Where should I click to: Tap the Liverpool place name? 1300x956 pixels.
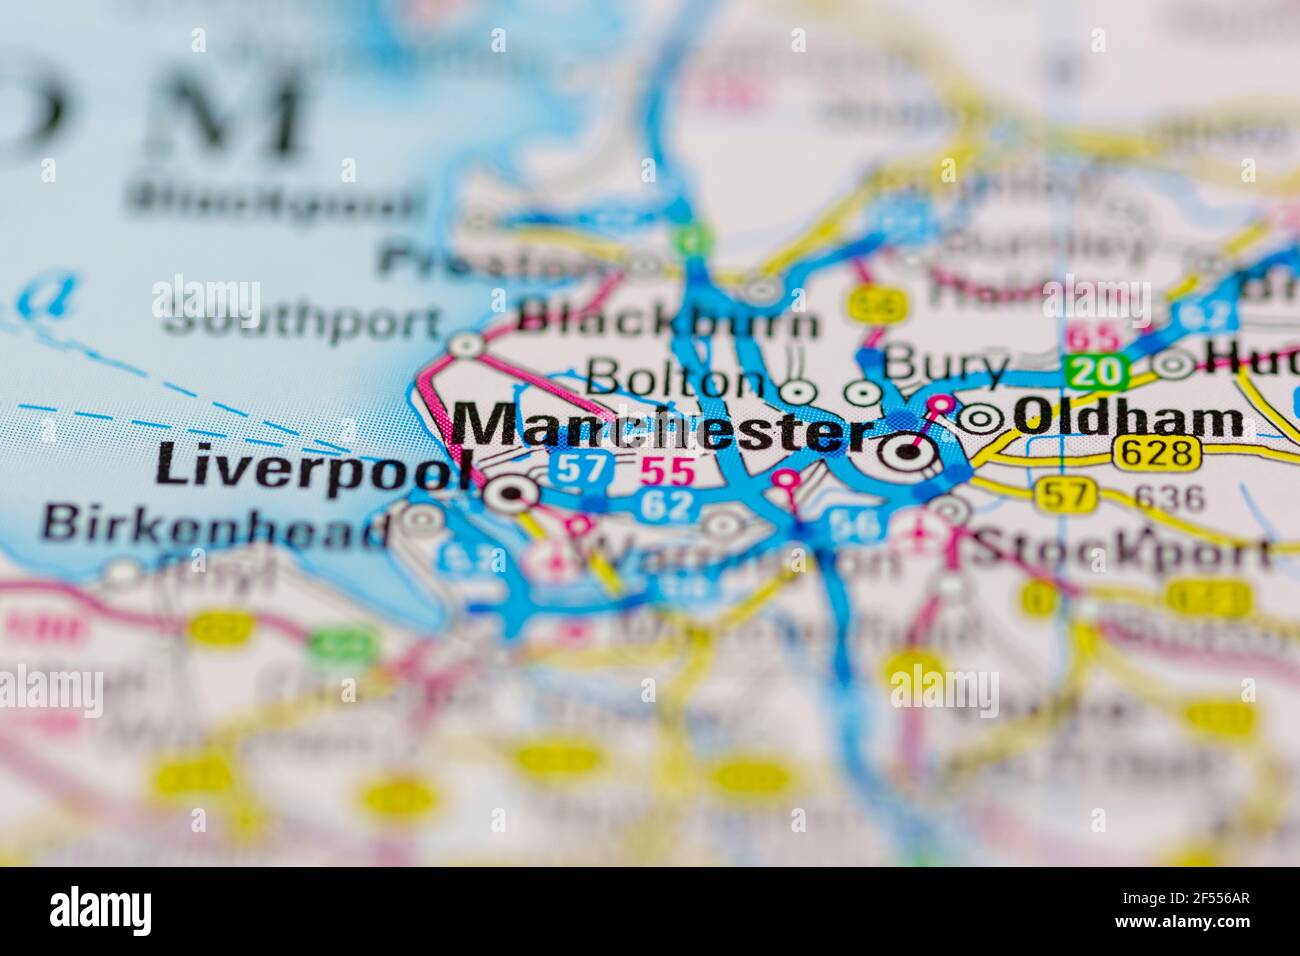coord(312,469)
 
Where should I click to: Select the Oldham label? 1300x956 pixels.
coord(1129,419)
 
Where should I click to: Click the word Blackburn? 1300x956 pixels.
coord(669,323)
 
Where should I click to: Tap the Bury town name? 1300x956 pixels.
coord(946,366)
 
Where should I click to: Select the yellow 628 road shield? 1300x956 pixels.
coord(1156,453)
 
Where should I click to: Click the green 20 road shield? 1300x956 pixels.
coord(1096,372)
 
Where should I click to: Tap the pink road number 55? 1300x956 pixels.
coord(667,471)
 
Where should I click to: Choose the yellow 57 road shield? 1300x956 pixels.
coord(1066,494)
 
